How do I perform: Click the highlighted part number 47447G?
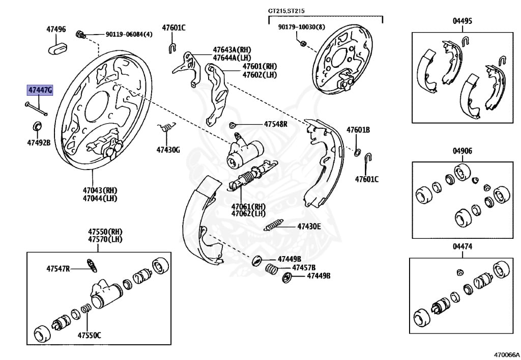click(x=40, y=91)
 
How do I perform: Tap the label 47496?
click(x=56, y=30)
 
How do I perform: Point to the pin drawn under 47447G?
click(x=35, y=109)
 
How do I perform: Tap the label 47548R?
click(x=275, y=124)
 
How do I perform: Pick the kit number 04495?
click(x=462, y=21)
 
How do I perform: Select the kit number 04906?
click(x=462, y=151)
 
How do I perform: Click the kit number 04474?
click(x=462, y=246)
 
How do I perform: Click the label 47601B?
click(x=358, y=130)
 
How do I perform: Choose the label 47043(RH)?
click(x=100, y=190)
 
